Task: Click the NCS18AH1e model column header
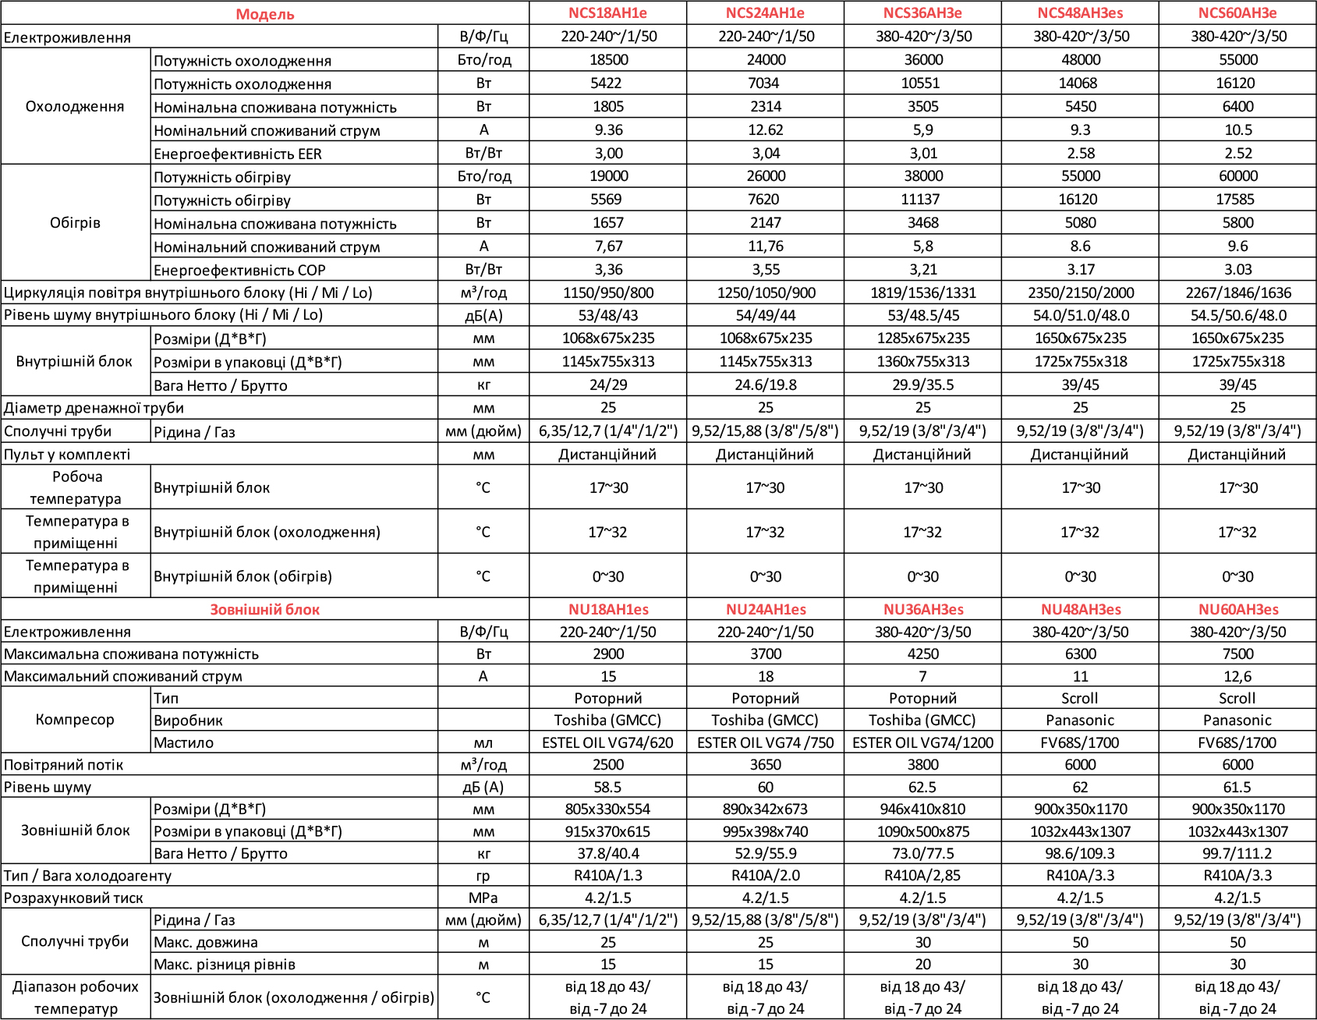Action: point(607,13)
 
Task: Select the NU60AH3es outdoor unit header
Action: point(1238,609)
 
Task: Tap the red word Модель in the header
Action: point(265,14)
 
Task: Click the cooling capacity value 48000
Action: point(1081,60)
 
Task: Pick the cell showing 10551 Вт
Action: point(922,83)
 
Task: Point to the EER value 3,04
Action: point(765,153)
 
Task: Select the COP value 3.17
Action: point(1081,270)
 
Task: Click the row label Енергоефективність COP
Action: point(239,271)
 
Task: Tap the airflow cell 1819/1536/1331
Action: point(922,293)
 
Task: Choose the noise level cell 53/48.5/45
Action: point(922,315)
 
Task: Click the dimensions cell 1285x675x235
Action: point(922,338)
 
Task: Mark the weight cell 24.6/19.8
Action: point(765,384)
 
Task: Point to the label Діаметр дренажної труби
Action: point(94,408)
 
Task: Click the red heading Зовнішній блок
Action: point(264,610)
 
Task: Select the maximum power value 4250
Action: point(922,654)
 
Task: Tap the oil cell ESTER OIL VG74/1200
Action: point(922,742)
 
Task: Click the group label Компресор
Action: point(75,720)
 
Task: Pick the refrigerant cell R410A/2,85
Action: point(922,876)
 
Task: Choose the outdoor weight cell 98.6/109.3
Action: point(1081,854)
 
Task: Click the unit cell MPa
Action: point(483,898)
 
